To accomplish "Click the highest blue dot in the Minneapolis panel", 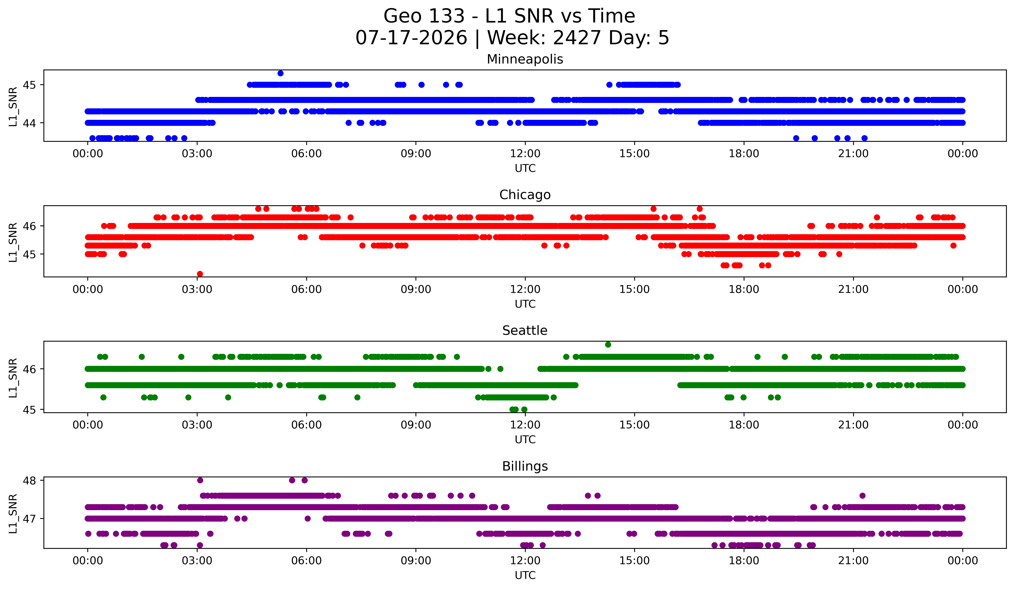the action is click(x=280, y=73).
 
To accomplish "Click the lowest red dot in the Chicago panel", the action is click(x=200, y=274).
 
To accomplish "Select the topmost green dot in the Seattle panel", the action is click(x=608, y=344).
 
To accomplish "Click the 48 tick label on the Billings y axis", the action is click(x=29, y=480).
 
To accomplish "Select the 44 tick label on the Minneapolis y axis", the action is click(x=29, y=123).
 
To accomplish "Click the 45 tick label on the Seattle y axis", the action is click(x=29, y=409).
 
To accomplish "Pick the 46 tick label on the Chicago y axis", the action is click(x=29, y=226).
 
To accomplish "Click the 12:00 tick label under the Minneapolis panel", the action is click(x=525, y=153).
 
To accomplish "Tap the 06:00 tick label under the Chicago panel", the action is click(x=307, y=289).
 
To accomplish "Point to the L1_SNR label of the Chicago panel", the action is click(x=13, y=242).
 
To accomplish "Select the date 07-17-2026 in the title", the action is click(x=411, y=38).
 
